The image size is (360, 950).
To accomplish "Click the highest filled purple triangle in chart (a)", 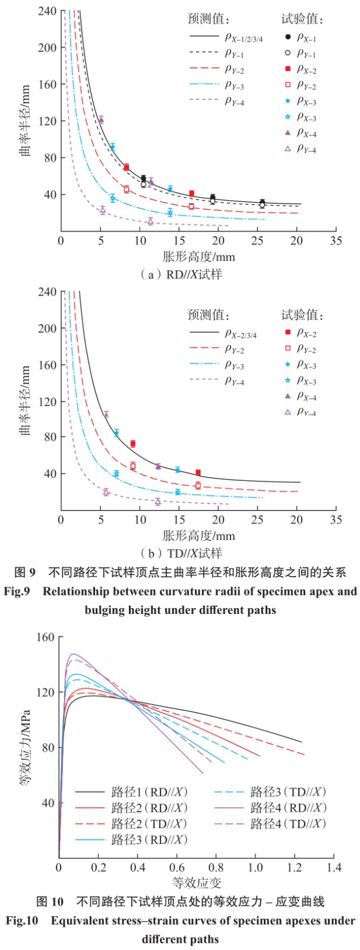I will tap(101, 119).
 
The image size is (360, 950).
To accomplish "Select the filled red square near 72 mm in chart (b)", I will tap(133, 444).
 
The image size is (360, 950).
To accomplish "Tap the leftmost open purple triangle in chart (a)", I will tap(102, 210).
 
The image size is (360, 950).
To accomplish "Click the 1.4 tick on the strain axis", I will tap(334, 867).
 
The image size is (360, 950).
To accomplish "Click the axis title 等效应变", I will tap(197, 883).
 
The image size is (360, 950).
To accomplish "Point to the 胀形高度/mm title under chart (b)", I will tap(199, 536).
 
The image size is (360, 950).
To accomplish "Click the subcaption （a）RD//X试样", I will tap(181, 274).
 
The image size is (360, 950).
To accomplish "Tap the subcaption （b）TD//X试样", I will tap(181, 553).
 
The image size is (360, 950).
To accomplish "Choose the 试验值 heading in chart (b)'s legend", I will tap(302, 315).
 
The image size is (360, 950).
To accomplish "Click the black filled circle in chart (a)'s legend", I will tap(288, 37).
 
